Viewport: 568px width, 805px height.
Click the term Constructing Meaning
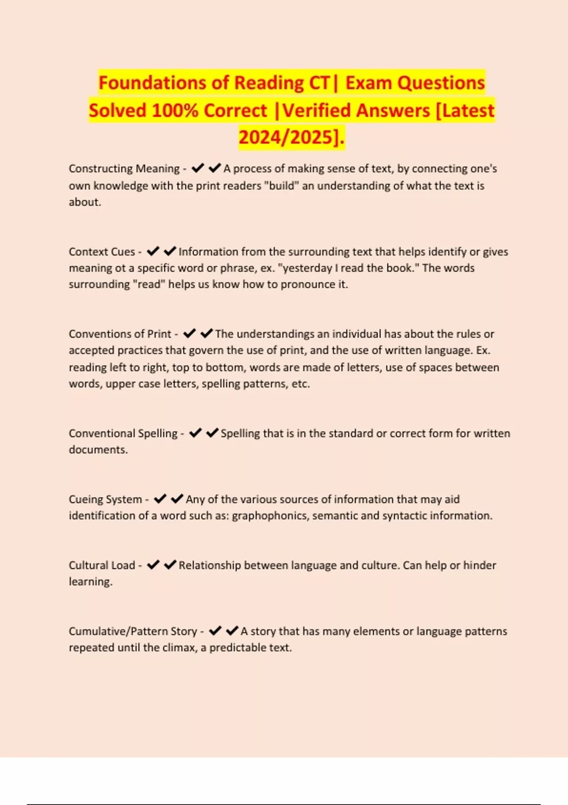point(124,169)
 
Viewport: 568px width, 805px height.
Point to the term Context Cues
point(102,251)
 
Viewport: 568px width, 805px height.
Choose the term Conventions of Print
point(120,334)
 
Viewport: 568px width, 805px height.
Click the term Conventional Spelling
point(123,433)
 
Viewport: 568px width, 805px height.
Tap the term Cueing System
point(105,499)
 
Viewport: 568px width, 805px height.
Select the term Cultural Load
point(102,565)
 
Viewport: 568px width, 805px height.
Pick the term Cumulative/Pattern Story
point(133,631)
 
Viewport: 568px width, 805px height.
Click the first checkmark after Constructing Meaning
point(197,168)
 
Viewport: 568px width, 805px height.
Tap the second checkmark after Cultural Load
point(170,564)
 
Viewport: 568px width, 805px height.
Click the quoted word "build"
point(282,186)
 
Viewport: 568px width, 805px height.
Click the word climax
point(179,648)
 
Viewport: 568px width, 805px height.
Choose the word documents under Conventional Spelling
point(98,450)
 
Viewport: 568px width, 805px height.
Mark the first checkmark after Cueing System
point(160,499)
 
